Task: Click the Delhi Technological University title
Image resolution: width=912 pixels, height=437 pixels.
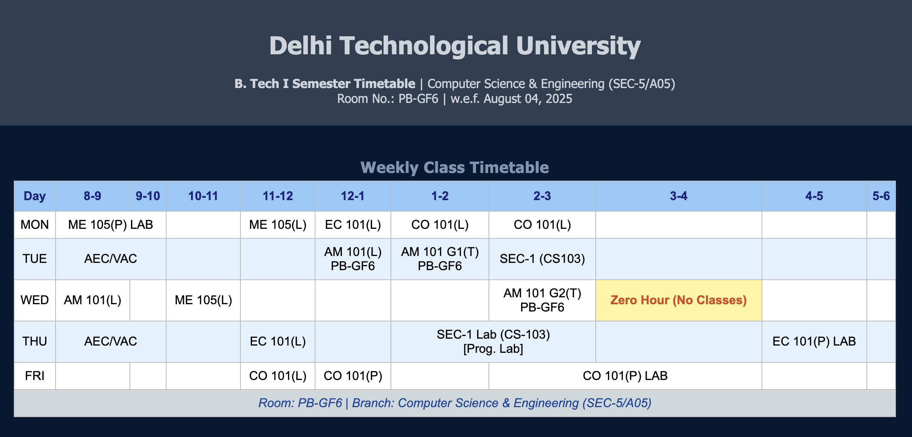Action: coord(455,46)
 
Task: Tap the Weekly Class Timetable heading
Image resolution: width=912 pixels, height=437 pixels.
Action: coord(455,168)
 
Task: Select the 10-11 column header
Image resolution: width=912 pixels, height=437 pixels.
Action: coord(203,196)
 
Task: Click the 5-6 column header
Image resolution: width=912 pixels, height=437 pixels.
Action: coord(881,196)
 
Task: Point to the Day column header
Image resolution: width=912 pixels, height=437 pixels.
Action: coord(34,196)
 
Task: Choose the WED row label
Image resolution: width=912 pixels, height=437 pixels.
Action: coord(34,300)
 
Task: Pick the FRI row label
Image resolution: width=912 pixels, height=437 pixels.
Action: coord(34,376)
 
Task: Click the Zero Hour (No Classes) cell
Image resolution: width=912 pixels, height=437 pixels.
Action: coord(678,300)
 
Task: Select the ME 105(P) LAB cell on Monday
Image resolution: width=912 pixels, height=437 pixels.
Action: coord(110,225)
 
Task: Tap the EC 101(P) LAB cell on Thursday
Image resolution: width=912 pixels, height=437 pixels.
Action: coord(814,341)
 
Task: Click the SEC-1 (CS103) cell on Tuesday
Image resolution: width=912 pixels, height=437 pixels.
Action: coord(542,259)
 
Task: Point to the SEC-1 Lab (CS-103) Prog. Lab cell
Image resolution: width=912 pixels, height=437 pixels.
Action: coord(493,341)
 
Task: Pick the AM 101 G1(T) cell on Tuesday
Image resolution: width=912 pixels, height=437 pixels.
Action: coord(440,259)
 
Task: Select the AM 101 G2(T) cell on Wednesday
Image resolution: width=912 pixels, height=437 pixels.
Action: coord(542,300)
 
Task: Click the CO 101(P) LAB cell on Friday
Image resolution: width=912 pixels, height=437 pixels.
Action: coord(625,376)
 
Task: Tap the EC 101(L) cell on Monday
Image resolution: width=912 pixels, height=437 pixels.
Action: coord(353,225)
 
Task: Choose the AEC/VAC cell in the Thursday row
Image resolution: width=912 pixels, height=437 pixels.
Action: coord(110,341)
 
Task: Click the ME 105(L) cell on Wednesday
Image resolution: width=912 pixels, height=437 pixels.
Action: coord(203,300)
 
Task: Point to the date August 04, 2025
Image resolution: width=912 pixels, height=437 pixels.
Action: coord(528,99)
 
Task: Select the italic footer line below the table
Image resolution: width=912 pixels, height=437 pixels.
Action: coord(455,403)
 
